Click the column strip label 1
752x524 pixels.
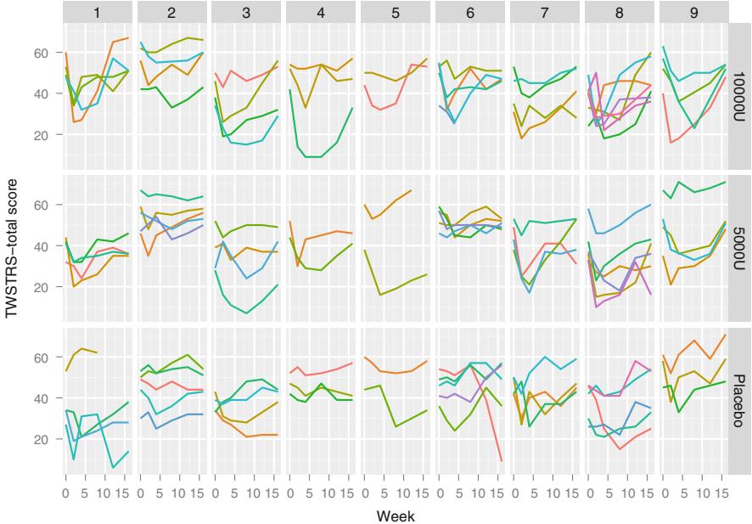click(98, 13)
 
